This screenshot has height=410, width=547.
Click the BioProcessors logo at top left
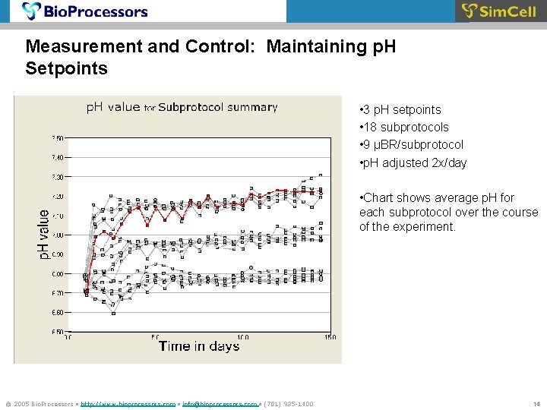click(x=84, y=11)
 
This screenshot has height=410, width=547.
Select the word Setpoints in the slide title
click(x=66, y=68)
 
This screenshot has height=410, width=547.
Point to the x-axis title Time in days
click(x=198, y=346)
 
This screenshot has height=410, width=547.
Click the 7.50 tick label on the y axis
click(x=58, y=138)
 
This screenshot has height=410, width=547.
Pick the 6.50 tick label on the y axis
click(x=58, y=332)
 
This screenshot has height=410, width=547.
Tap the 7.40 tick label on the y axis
click(x=58, y=157)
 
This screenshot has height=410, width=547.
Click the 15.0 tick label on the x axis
click(x=330, y=337)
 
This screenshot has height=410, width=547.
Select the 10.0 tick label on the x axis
click(x=242, y=337)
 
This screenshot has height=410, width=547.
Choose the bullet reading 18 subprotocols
click(x=403, y=128)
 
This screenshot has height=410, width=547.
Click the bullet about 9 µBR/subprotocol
click(x=411, y=145)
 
